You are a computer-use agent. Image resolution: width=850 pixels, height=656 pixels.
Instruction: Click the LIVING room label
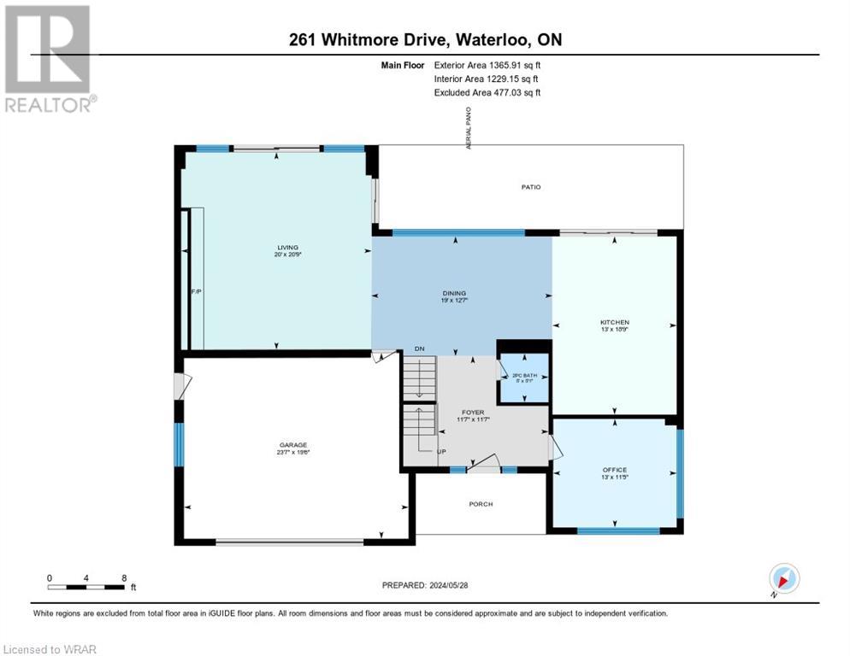(x=275, y=247)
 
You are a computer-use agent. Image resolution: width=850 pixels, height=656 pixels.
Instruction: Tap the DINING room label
(x=454, y=293)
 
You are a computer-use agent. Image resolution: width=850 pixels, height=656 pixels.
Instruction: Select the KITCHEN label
(x=614, y=322)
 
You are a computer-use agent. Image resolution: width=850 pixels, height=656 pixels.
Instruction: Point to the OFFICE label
(x=614, y=470)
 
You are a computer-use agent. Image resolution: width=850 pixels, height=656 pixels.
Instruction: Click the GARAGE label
(x=292, y=444)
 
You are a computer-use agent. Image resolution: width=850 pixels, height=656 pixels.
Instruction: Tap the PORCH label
(x=481, y=504)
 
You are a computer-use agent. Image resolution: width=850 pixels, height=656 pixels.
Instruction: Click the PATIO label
(x=531, y=187)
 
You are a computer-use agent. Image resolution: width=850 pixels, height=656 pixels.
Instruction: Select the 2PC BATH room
(x=522, y=377)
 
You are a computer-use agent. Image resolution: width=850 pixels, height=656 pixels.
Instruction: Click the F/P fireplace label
(x=194, y=292)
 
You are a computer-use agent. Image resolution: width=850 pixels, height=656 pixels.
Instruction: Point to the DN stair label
(x=419, y=348)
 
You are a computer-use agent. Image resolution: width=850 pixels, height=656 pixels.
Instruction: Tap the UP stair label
(x=440, y=451)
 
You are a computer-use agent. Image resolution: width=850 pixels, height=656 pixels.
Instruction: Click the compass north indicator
(x=783, y=579)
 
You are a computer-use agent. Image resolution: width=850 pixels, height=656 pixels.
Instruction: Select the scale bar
(x=88, y=587)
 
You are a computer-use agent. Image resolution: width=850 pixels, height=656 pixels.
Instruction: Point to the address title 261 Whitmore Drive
(x=425, y=40)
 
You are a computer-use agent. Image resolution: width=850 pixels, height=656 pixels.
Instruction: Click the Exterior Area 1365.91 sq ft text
(x=487, y=64)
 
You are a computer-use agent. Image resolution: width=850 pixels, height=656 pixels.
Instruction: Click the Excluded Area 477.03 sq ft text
(x=487, y=92)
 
